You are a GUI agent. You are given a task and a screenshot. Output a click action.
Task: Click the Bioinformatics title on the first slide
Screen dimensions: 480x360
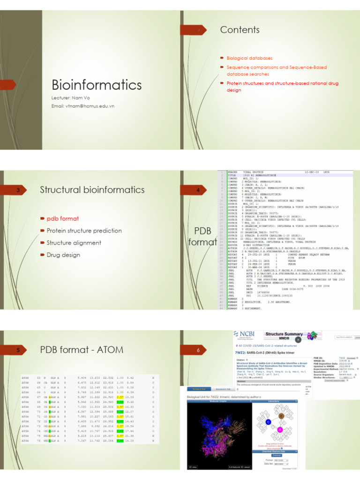[96, 85]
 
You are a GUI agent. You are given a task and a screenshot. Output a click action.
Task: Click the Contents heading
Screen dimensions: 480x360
[240, 30]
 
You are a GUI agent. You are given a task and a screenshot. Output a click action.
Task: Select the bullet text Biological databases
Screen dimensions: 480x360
[249, 58]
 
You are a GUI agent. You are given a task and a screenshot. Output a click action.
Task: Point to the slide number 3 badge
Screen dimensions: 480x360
[18, 190]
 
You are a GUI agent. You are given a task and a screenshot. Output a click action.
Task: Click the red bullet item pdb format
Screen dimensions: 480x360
[62, 218]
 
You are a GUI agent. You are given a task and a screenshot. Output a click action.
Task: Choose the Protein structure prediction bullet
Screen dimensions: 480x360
[84, 231]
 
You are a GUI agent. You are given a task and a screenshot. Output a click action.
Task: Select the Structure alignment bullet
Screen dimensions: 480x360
[74, 243]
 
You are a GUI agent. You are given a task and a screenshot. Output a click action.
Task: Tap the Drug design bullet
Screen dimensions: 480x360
[63, 255]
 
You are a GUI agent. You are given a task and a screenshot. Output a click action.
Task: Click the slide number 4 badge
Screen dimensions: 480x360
[198, 190]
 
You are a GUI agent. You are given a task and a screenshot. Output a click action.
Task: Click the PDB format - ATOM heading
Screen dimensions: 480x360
[82, 349]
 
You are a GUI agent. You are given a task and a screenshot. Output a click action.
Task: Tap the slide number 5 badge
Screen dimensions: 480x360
[18, 350]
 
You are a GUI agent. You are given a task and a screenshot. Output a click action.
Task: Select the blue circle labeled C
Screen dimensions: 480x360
[269, 422]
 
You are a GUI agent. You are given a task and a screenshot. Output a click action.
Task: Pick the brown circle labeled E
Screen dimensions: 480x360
[281, 416]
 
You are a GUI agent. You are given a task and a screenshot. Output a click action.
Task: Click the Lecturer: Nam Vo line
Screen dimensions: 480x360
[70, 97]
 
